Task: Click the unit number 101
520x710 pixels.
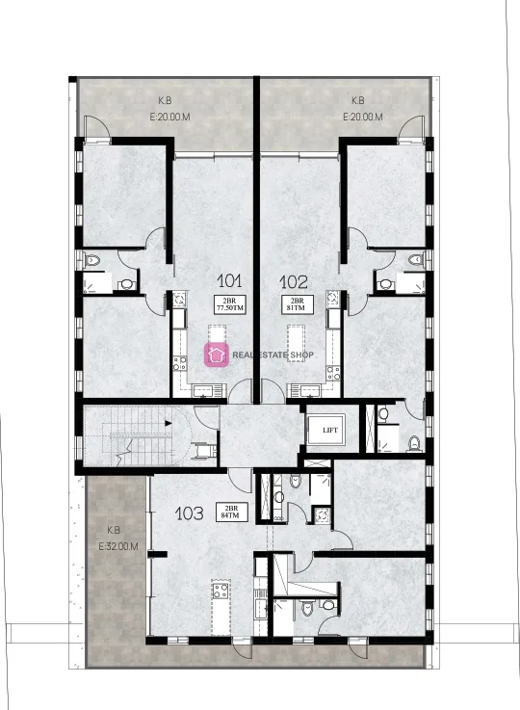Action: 229,280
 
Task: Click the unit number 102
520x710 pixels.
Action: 294,282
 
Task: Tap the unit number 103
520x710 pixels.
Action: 189,513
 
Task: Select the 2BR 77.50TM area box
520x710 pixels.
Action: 230,304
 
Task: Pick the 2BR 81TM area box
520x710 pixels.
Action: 297,303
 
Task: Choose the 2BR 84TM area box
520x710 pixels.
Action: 231,512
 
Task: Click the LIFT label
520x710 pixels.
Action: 330,431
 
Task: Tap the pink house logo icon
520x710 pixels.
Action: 217,355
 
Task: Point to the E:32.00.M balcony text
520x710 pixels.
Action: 118,546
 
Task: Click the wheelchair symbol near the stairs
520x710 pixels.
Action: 197,452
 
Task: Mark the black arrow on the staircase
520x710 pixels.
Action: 168,424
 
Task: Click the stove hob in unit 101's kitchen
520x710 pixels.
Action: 180,363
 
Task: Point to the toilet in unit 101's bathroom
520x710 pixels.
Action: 92,260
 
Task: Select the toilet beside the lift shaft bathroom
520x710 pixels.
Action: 414,443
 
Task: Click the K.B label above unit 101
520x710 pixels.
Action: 165,100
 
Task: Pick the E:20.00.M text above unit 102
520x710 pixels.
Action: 363,117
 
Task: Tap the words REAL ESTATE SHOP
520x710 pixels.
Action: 273,355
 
